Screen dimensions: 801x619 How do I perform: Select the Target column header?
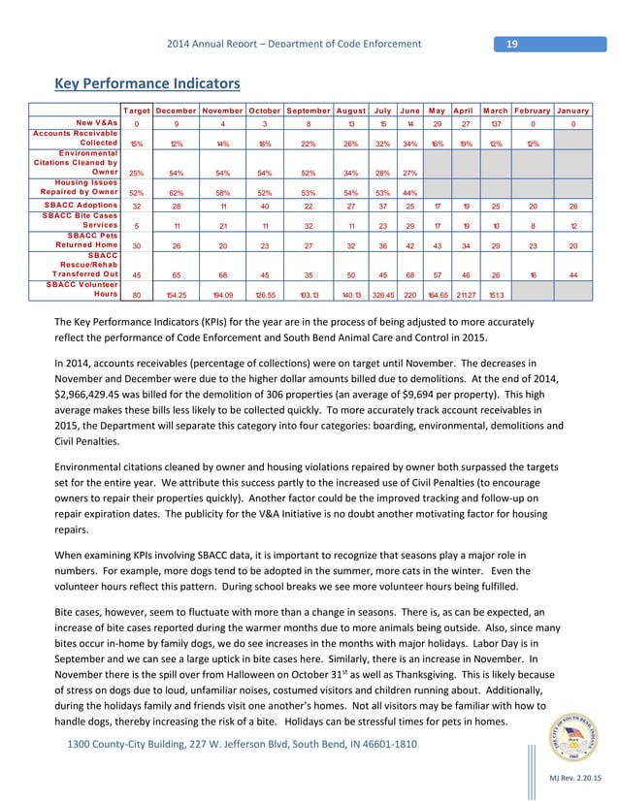[x=136, y=111]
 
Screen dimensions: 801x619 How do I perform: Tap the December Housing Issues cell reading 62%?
[x=178, y=193]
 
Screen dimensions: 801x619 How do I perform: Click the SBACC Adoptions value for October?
[x=264, y=207]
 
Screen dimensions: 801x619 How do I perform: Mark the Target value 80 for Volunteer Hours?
[x=136, y=295]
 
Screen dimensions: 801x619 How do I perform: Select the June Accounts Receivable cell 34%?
[x=409, y=144]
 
